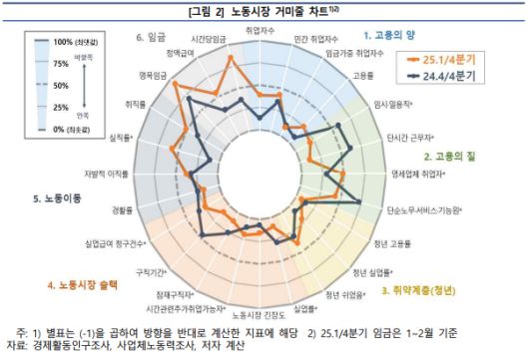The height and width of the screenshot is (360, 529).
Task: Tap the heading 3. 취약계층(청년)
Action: (418, 290)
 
